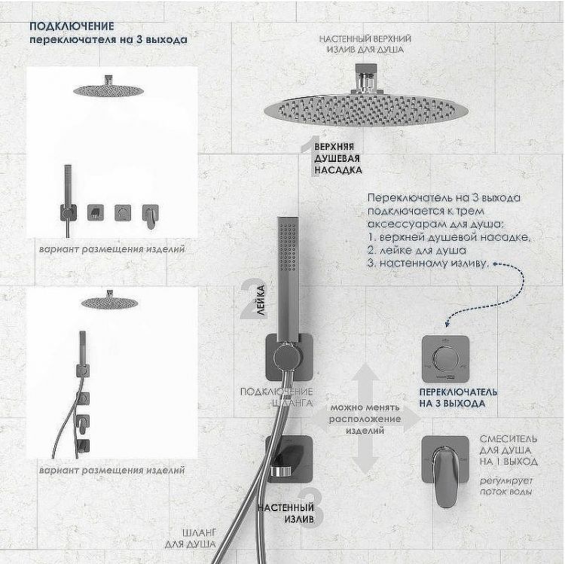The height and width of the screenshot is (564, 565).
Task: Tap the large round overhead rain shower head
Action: (366, 108)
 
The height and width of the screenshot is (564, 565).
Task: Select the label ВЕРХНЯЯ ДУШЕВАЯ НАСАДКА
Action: (337, 159)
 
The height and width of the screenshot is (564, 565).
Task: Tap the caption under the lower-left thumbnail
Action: (112, 470)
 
